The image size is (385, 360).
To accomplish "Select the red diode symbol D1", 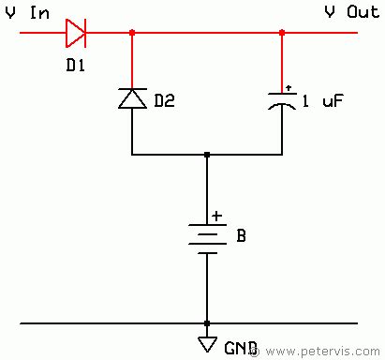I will tap(75, 34).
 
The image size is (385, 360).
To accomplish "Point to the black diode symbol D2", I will tap(132, 97).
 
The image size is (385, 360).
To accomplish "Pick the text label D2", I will tap(164, 98).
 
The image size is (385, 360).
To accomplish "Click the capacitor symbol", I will tap(282, 100).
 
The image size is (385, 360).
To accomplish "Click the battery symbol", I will tap(207, 238).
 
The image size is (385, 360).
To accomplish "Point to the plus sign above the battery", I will tap(217, 216).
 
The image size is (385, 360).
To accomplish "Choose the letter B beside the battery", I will tap(241, 236).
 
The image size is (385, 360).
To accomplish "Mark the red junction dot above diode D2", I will tap(132, 34).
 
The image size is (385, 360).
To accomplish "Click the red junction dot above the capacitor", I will tap(282, 34).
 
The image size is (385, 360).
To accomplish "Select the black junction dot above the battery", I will tap(207, 155).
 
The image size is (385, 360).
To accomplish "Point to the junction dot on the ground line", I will tap(207, 323).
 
